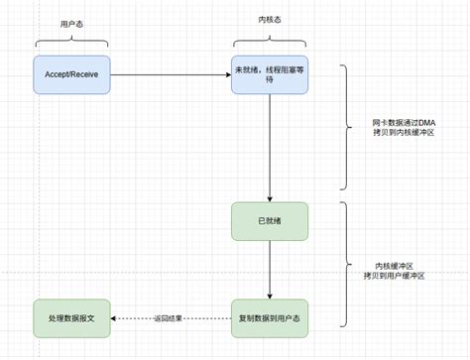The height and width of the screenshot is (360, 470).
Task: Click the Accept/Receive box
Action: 71,74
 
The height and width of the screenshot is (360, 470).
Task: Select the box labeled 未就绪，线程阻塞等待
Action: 270,74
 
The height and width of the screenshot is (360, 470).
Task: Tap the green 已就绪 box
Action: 270,221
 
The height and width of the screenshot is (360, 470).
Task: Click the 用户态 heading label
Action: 70,20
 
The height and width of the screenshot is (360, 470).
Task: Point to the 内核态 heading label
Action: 270,20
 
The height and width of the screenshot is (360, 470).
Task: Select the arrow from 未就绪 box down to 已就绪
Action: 270,149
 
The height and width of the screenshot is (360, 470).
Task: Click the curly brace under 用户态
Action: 70,42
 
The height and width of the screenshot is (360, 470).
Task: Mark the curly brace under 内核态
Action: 270,42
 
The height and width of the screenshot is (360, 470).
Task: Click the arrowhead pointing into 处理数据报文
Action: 114,317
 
